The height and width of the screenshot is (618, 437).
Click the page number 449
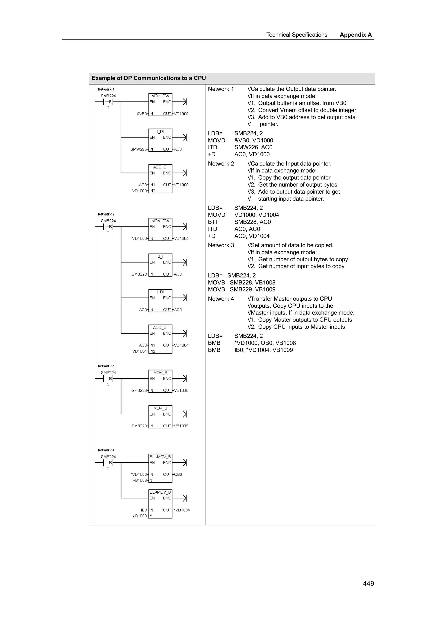click(x=368, y=583)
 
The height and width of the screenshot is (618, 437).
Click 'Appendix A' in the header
click(x=355, y=35)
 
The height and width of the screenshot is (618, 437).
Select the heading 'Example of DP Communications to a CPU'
click(x=149, y=78)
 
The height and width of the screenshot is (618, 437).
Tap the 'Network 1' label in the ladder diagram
click(x=106, y=89)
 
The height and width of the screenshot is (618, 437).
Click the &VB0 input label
click(x=142, y=114)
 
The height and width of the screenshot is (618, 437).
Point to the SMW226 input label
click(x=138, y=149)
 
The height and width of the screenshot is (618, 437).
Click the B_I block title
click(x=160, y=256)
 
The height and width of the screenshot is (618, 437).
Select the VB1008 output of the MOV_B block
click(x=181, y=390)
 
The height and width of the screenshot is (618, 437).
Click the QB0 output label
click(x=178, y=474)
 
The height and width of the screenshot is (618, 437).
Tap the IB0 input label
click(x=144, y=510)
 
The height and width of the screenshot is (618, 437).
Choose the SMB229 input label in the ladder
click(x=139, y=426)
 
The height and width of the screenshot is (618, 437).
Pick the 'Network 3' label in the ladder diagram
click(x=106, y=366)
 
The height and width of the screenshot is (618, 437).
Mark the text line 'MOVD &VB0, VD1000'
click(x=240, y=141)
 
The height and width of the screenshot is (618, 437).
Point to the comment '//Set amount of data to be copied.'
click(x=290, y=245)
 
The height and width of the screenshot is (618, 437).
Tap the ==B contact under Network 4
click(x=108, y=462)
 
